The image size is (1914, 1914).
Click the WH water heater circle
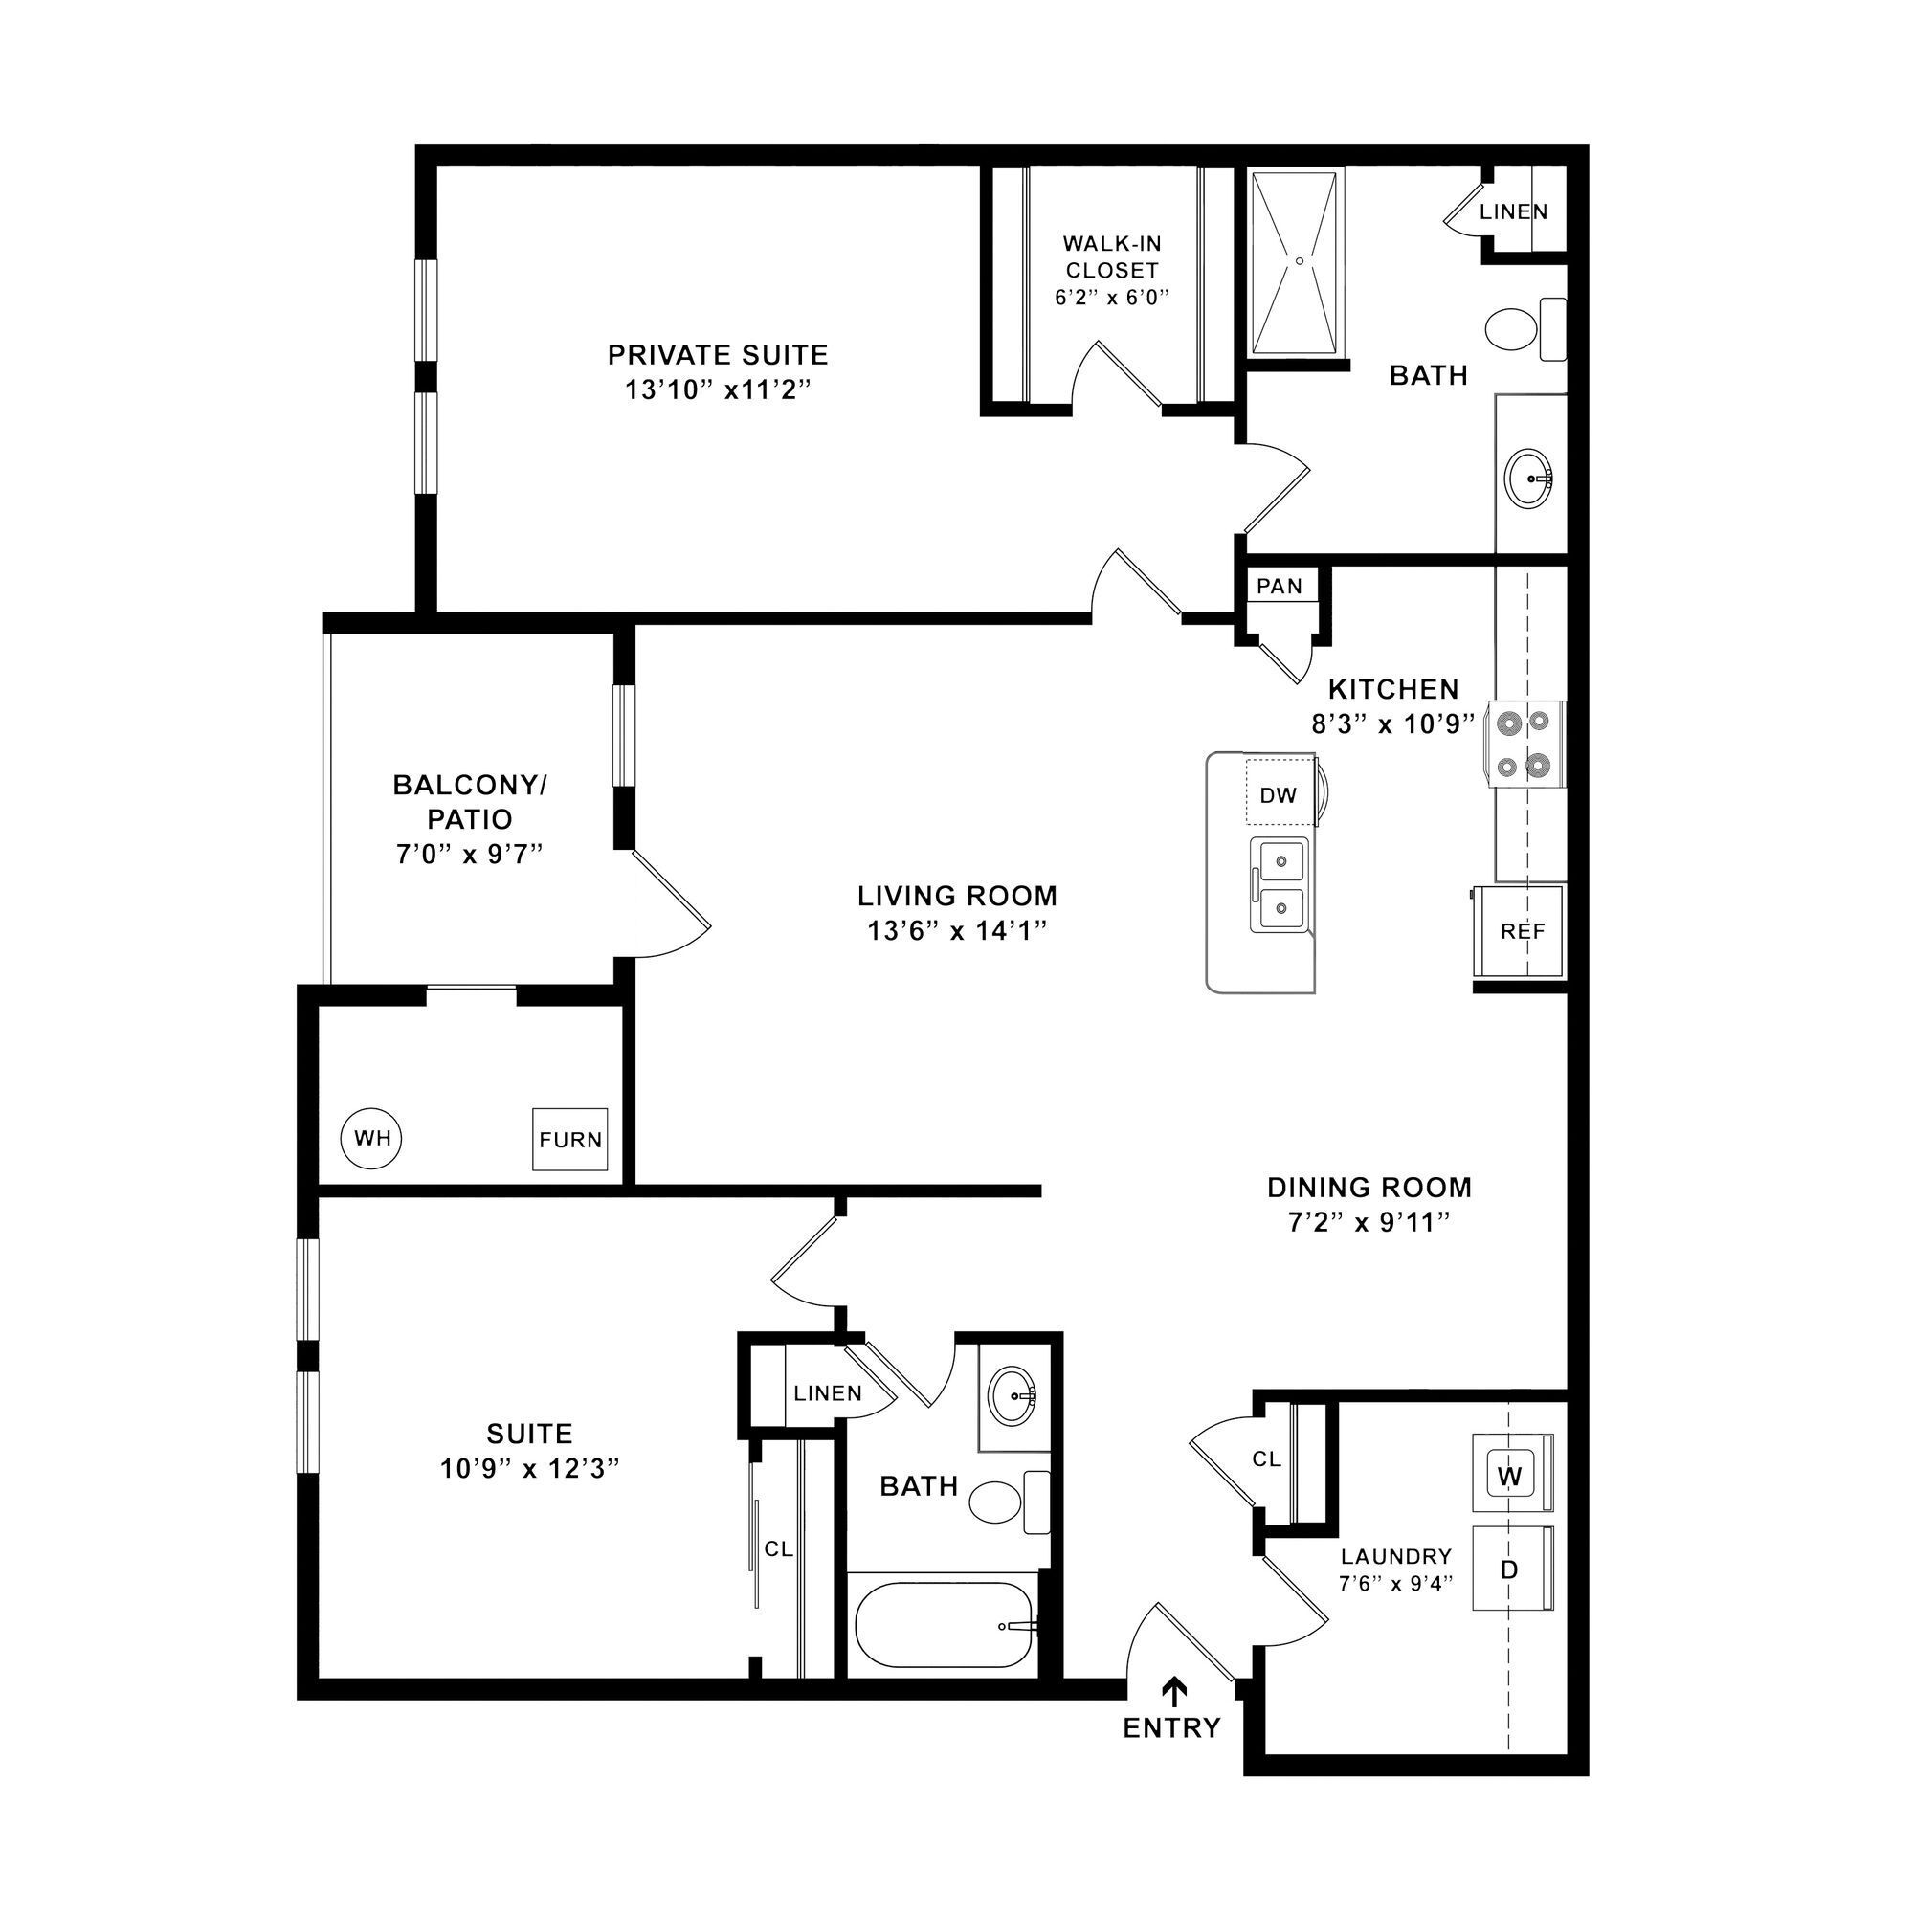tap(371, 1138)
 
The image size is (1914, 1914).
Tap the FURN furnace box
tap(569, 1139)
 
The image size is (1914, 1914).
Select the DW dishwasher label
tap(1278, 795)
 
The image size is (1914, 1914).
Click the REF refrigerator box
tap(1522, 931)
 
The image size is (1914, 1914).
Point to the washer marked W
tap(1509, 1476)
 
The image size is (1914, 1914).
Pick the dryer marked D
tap(1509, 1569)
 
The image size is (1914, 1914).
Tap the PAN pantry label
tap(1279, 587)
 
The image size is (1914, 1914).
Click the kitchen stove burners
tap(1524, 743)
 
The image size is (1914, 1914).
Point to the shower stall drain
tap(1299, 261)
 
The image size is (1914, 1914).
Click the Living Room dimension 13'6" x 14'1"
tap(957, 930)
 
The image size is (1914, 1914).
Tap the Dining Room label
tap(1369, 1187)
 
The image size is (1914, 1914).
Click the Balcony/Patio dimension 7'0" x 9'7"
tap(470, 854)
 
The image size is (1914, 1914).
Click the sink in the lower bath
tap(1013, 1396)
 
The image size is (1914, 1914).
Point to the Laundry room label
tap(1395, 1556)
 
